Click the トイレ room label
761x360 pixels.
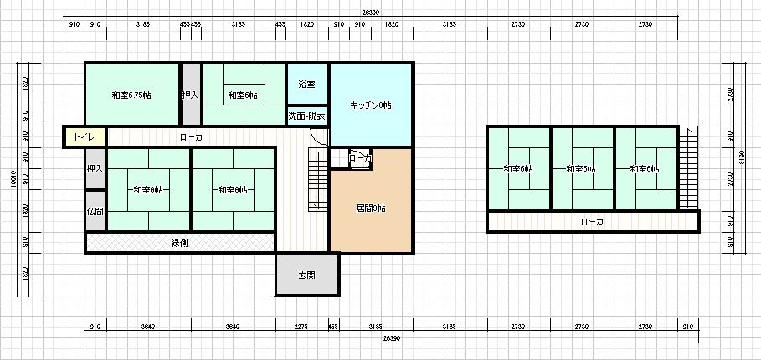[x=83, y=136]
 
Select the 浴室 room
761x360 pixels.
[x=306, y=85]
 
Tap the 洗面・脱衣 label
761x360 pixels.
[x=306, y=116]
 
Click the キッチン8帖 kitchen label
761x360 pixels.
[x=370, y=105]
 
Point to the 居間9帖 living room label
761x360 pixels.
[x=370, y=208]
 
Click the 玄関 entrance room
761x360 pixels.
[x=306, y=275]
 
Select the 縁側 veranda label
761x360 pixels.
[x=179, y=243]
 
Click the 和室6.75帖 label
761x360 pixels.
[x=131, y=95]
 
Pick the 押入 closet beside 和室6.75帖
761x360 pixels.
[x=191, y=95]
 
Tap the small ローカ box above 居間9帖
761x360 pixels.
[x=360, y=157]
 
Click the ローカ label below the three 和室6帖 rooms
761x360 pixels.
[x=592, y=222]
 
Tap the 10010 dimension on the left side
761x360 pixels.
[x=13, y=180]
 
